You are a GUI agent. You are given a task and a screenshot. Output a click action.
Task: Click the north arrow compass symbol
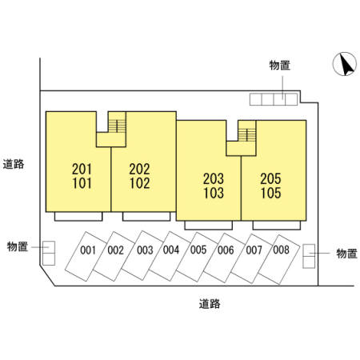345,64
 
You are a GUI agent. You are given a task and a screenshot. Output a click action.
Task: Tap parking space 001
86,256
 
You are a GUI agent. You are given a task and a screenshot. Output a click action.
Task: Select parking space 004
170,256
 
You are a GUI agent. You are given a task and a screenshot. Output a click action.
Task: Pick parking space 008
279,259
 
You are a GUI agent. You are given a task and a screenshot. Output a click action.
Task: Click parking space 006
224,258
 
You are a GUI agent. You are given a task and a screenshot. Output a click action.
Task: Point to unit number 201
82,169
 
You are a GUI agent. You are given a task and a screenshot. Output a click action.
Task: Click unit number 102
140,183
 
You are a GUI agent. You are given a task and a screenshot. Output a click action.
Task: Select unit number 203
214,178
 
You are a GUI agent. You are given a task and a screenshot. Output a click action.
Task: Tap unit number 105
270,193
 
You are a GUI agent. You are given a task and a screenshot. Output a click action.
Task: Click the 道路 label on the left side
14,164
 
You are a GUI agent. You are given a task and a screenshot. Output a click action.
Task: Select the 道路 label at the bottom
210,304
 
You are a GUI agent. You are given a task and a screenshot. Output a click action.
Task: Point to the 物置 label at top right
279,66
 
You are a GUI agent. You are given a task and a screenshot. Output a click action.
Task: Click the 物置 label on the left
18,246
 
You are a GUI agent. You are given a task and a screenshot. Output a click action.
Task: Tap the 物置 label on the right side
346,254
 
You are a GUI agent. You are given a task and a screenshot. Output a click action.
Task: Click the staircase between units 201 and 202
117,126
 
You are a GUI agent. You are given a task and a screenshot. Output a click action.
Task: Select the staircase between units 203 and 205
247,135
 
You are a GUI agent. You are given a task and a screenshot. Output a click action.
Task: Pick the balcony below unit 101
78,216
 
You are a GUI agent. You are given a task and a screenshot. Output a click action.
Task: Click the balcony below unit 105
277,225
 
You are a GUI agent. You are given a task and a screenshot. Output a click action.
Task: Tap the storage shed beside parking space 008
309,256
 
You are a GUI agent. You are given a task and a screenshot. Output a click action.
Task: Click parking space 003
142,255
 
